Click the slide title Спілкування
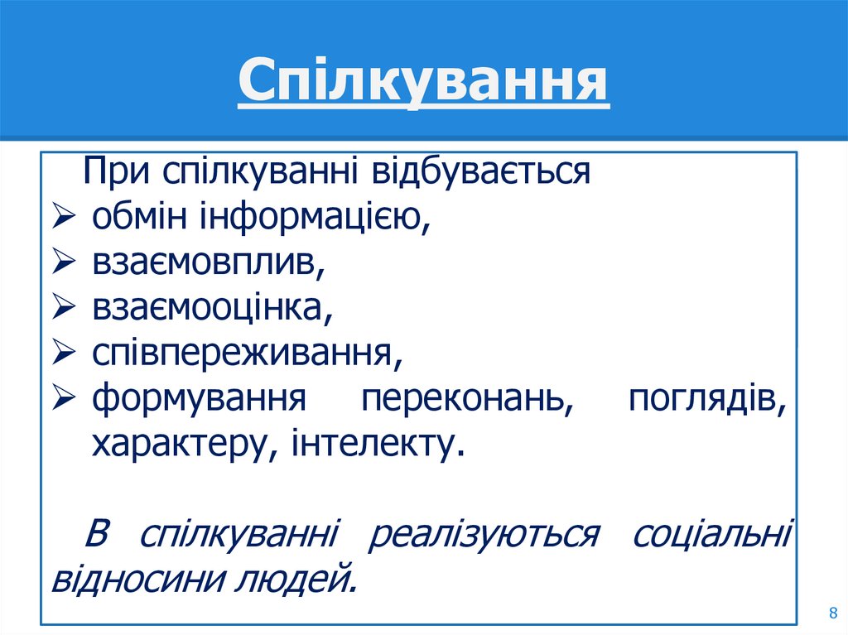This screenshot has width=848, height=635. [423, 83]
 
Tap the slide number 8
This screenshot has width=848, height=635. [832, 613]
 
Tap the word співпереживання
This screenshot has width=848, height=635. [246, 354]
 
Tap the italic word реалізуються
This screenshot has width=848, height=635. [483, 534]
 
